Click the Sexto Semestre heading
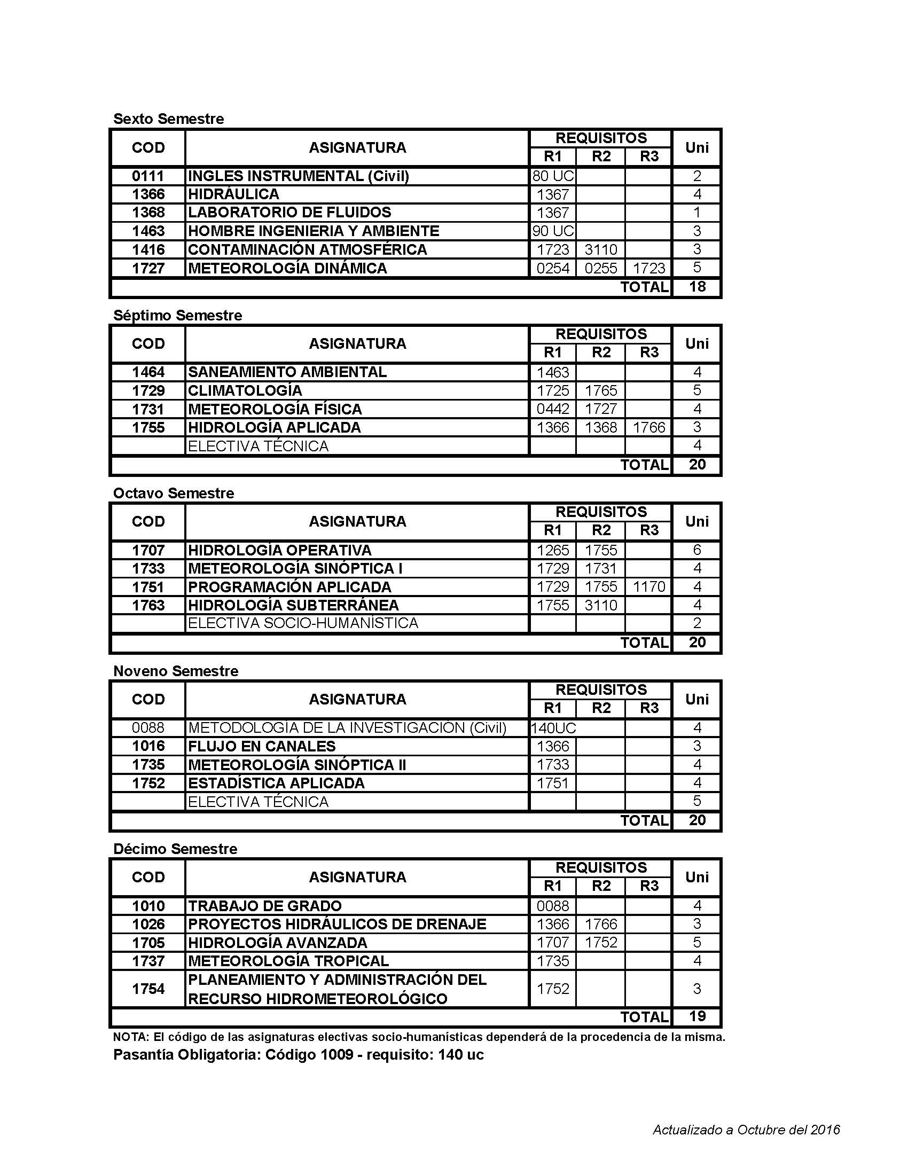click(x=168, y=119)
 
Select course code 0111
click(x=148, y=176)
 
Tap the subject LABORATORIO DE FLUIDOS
click(x=289, y=213)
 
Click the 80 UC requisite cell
click(x=552, y=176)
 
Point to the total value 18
click(x=696, y=287)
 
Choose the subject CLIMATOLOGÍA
click(x=245, y=390)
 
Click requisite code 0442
click(x=552, y=409)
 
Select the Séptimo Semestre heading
click(x=177, y=315)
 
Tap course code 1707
click(x=148, y=550)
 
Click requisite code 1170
click(x=649, y=587)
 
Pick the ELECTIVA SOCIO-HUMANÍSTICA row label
click(x=303, y=623)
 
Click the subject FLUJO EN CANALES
click(x=261, y=746)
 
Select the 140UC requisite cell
click(x=553, y=728)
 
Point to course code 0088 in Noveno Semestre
click(x=148, y=728)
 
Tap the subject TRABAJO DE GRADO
click(x=264, y=906)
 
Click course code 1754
click(x=148, y=989)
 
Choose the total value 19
click(x=696, y=1016)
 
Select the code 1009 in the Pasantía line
click(x=336, y=1055)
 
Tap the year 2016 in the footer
click(x=825, y=1130)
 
